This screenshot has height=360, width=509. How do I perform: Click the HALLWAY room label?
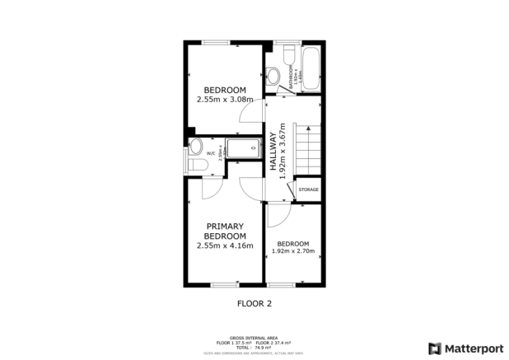273,153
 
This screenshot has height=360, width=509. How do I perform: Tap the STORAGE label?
308,189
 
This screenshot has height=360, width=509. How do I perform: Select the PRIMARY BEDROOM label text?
226,231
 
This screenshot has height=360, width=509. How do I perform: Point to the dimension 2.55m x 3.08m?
225,100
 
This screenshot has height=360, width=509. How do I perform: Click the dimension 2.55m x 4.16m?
225,245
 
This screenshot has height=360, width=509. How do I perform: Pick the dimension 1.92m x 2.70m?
293,251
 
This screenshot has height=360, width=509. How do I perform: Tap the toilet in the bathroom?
287,54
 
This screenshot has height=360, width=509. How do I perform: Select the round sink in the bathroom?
273,76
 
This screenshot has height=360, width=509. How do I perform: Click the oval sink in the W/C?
195,147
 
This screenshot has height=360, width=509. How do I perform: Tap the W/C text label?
211,153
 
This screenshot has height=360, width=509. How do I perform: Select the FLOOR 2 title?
254,303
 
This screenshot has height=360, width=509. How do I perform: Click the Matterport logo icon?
435,348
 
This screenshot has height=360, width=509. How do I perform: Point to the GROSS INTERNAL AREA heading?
254,337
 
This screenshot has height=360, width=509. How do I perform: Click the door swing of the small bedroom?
278,214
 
